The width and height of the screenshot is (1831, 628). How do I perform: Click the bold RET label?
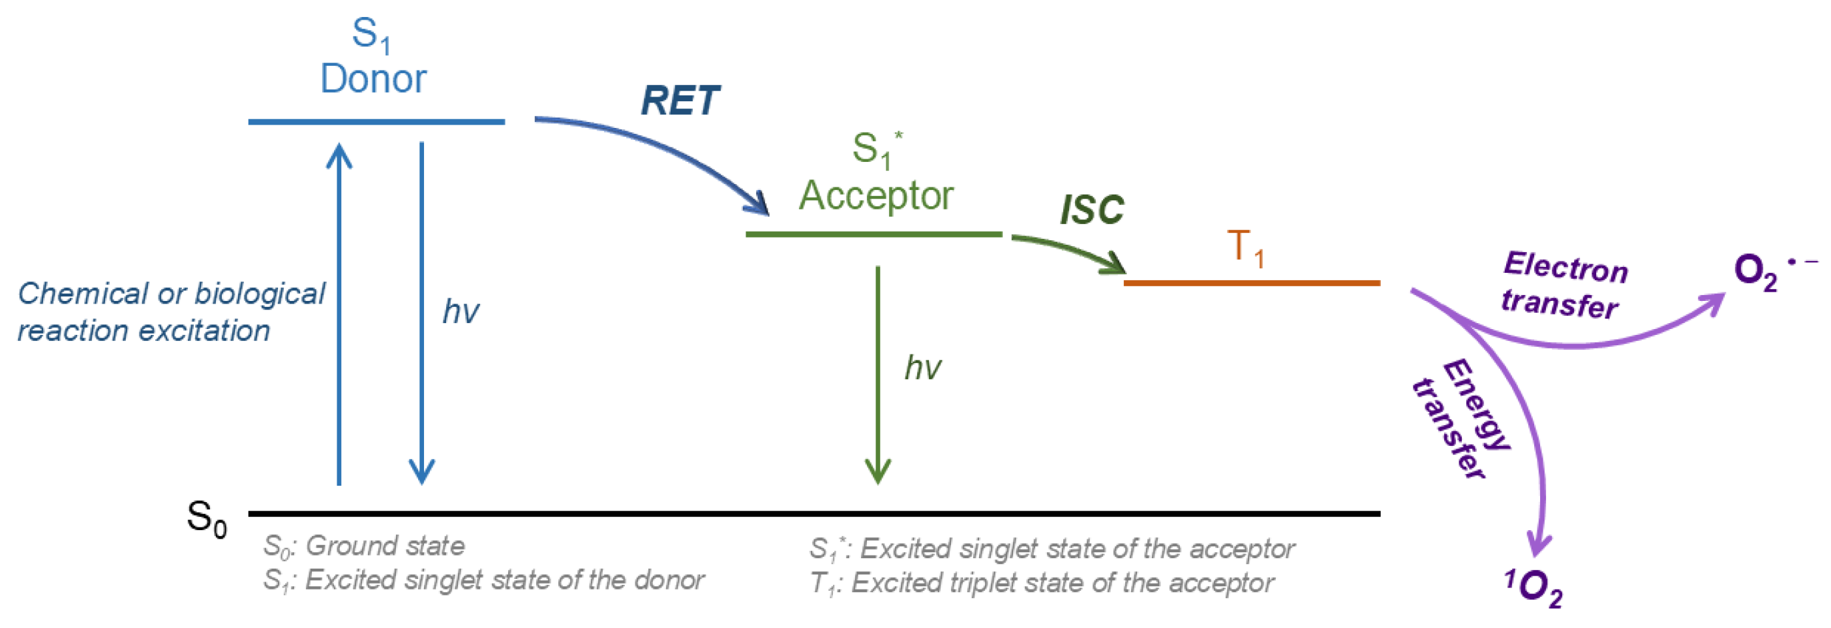680,101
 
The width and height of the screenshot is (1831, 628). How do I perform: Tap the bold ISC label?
1091,210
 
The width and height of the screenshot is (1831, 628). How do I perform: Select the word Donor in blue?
372,78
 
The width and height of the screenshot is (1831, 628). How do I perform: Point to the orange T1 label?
1245,248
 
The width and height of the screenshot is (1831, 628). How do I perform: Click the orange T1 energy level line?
1251,283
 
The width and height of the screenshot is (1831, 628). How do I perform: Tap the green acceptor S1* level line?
873,234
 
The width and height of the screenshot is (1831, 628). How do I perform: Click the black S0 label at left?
206,518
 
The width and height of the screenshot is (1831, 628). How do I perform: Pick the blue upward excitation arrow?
339,313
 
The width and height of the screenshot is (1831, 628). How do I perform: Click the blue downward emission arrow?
421,313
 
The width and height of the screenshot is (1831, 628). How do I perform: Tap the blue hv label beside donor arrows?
461,311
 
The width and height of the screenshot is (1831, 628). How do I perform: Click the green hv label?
922,368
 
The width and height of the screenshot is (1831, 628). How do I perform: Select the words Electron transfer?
1564,285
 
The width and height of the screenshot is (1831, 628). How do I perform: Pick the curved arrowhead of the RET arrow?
758,204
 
